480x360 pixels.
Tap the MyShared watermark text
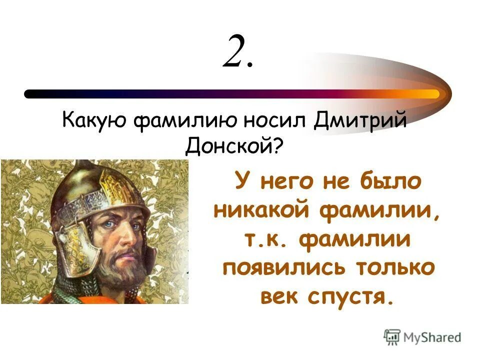click(433, 337)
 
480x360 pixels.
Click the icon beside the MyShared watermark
click(392, 336)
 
